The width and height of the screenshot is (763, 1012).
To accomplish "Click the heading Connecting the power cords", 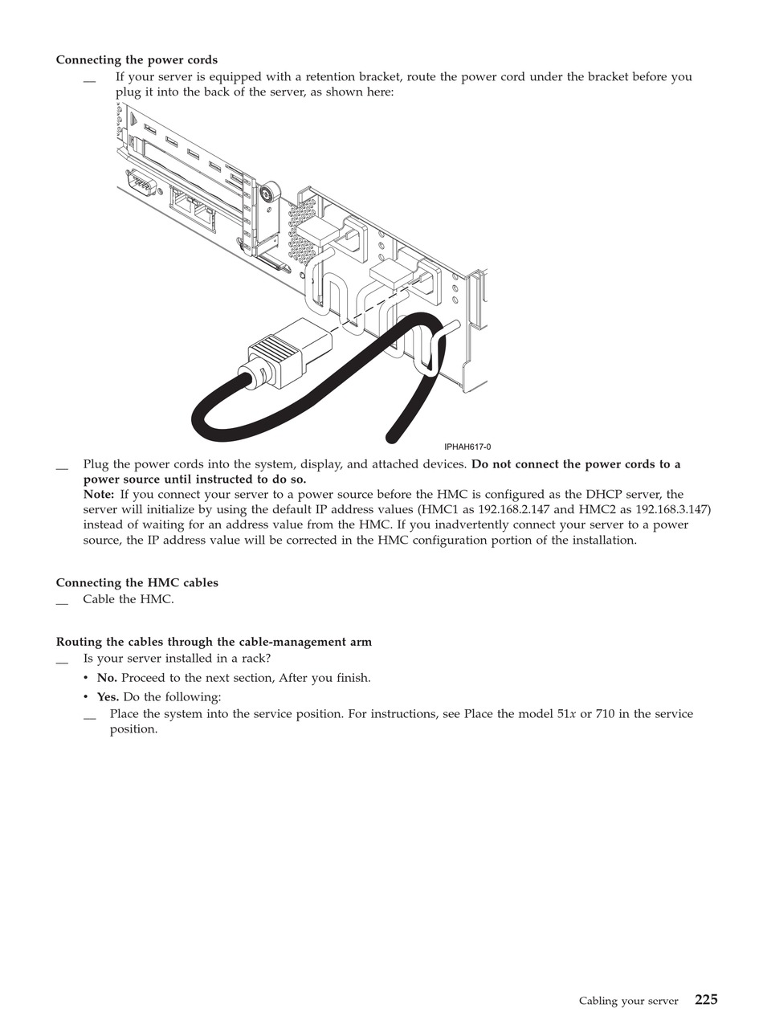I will [137, 60].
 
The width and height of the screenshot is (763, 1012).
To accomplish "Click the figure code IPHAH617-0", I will [467, 447].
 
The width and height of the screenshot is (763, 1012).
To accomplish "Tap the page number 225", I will [706, 999].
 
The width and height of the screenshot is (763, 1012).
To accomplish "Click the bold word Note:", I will [99, 495].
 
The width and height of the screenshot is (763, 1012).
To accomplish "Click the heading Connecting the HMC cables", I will [137, 583].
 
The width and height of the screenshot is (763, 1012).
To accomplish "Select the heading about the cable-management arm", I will [214, 642].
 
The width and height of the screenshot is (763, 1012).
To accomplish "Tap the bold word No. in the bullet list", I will [107, 678].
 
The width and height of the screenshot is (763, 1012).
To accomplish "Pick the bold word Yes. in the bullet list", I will [108, 697].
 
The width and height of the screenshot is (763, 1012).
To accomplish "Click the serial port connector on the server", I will [141, 184].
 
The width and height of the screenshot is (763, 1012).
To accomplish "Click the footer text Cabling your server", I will [628, 1001].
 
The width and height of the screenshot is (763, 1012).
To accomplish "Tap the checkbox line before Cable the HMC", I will [62, 602].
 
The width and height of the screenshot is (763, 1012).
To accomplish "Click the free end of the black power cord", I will [392, 437].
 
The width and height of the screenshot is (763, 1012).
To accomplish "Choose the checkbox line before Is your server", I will [62, 661].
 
